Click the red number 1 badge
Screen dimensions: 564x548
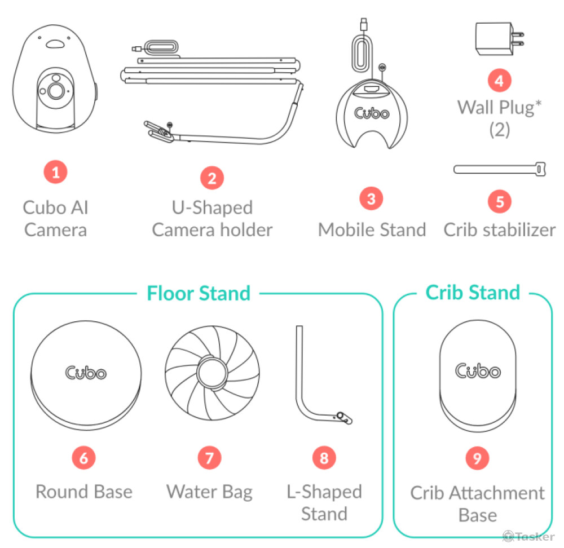click(x=55, y=173)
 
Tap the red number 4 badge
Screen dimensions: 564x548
click(x=500, y=80)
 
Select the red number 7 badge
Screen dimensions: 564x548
click(x=210, y=458)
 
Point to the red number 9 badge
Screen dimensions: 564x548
click(x=477, y=458)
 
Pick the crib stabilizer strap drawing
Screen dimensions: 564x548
click(x=500, y=169)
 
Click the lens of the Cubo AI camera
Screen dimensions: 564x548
click(x=56, y=90)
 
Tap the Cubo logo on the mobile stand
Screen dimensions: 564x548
click(x=372, y=113)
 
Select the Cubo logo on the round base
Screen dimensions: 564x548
click(x=86, y=373)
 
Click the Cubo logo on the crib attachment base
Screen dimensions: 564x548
click(x=478, y=371)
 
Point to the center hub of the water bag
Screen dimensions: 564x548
click(x=212, y=372)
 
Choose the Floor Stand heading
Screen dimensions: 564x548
click(x=199, y=293)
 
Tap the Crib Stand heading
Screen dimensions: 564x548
click(x=473, y=292)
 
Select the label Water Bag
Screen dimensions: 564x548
click(x=209, y=492)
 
